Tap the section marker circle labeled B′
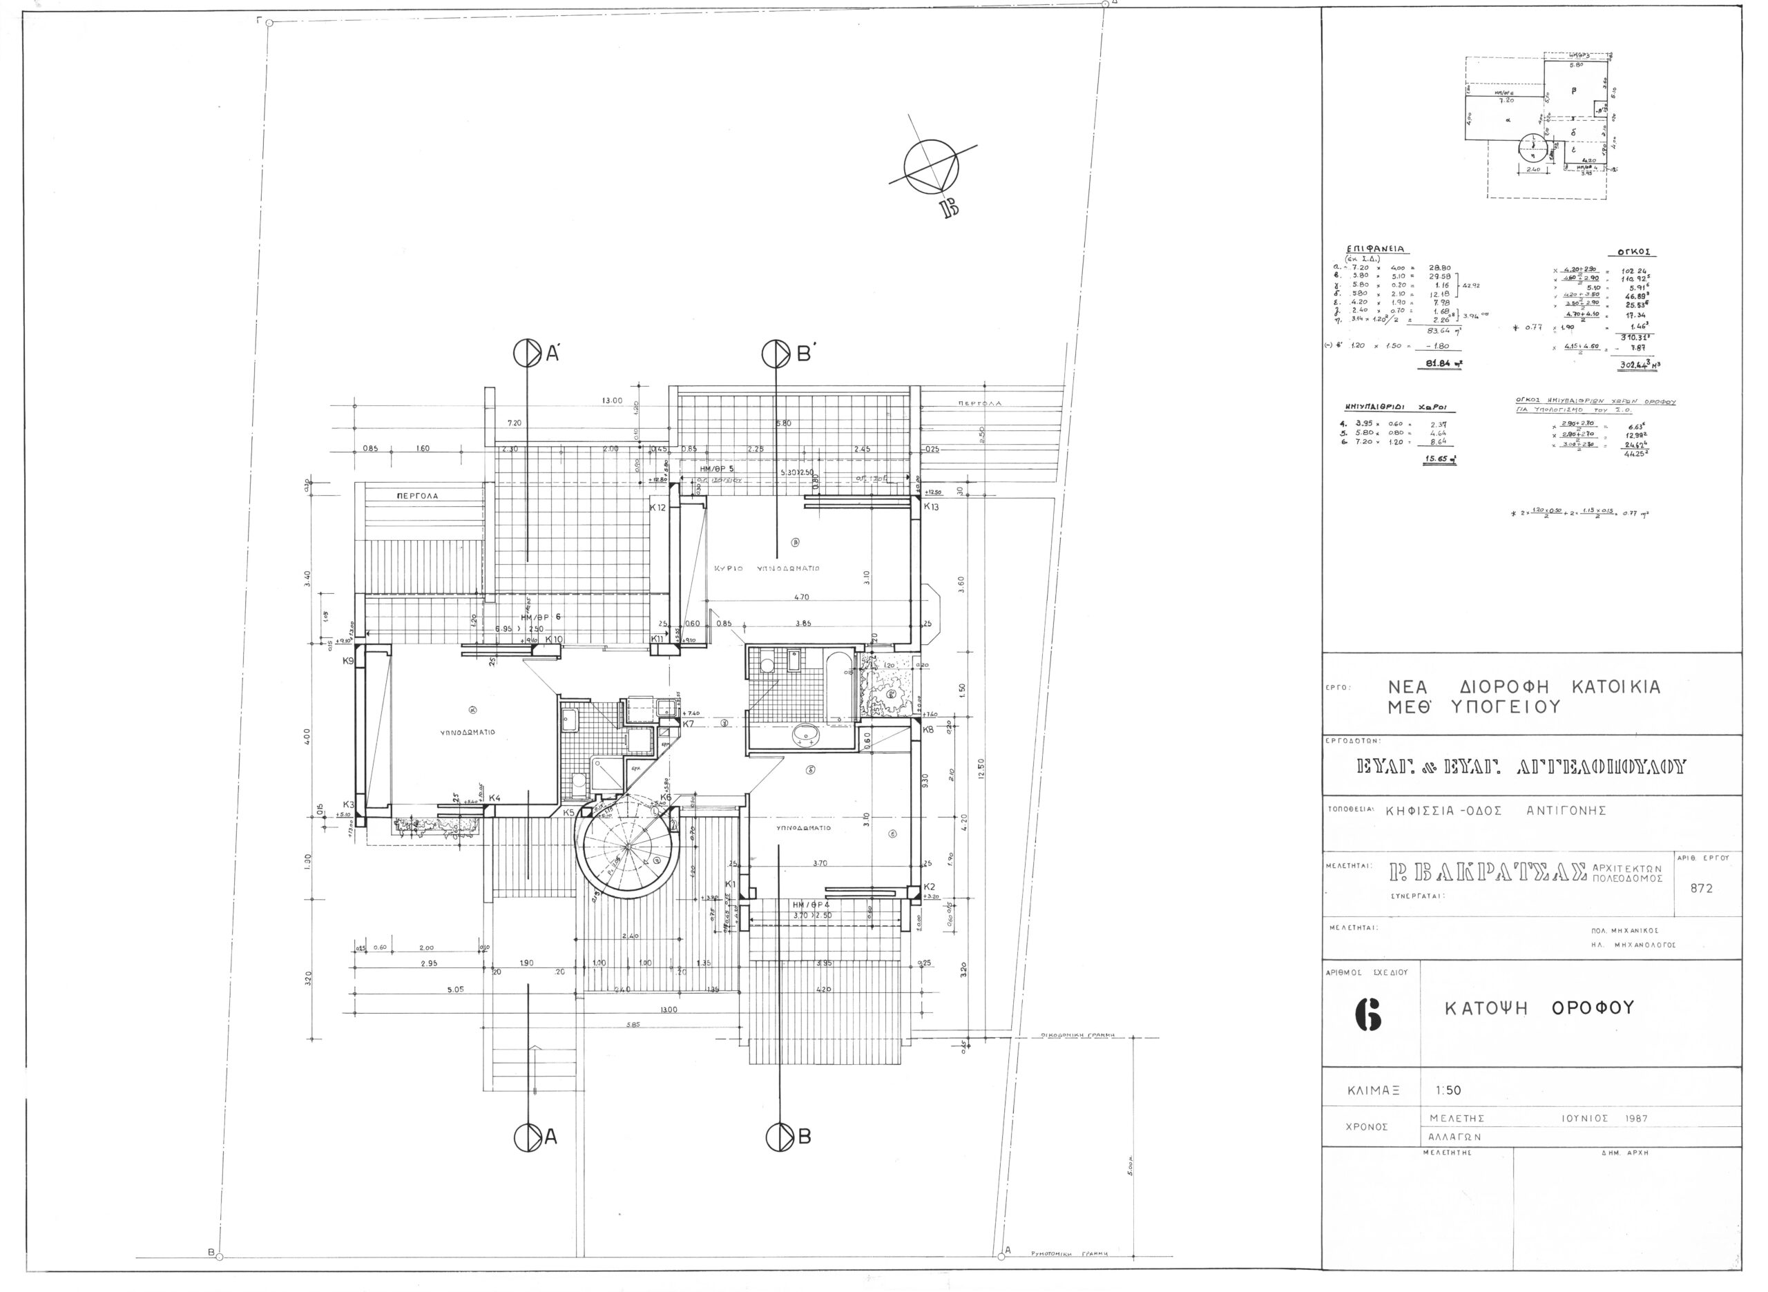776,354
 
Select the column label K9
349,662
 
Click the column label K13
930,507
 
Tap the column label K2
929,886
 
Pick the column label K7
688,724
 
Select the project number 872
1702,889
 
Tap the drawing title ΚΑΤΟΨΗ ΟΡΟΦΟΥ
1539,1008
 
